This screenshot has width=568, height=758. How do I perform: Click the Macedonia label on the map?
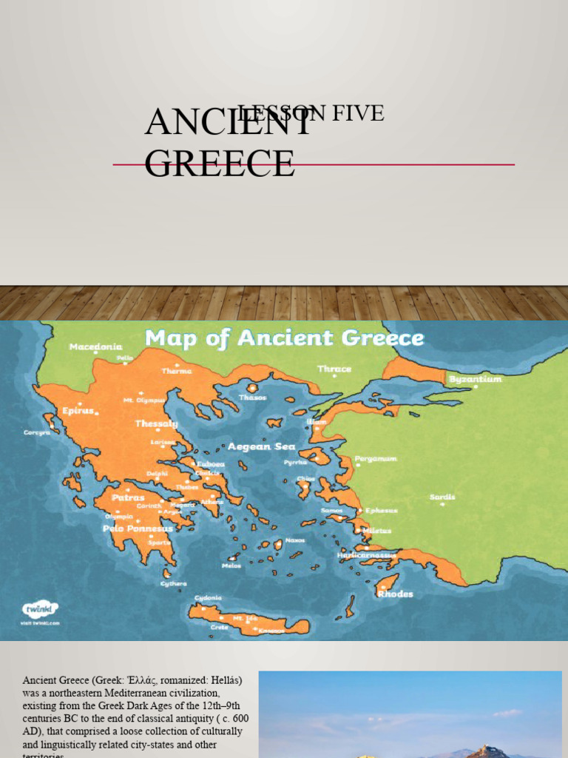(96, 346)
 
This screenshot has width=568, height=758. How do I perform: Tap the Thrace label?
(334, 369)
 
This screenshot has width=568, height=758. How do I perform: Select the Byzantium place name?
(475, 379)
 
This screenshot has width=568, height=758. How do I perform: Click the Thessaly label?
(156, 424)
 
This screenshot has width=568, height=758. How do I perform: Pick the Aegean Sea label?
(261, 446)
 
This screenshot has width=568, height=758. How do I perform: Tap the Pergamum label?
(376, 459)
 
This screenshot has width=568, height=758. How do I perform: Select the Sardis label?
(442, 497)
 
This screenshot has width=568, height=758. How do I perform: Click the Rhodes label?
(395, 594)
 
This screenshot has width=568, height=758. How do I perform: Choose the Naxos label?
(295, 540)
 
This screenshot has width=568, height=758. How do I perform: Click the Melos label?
(231, 566)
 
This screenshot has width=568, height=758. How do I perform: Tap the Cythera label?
(175, 583)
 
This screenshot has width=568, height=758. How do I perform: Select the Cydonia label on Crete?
(208, 598)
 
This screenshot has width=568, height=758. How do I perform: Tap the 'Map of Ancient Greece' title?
(284, 338)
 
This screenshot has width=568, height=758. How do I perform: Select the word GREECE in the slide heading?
(220, 163)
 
